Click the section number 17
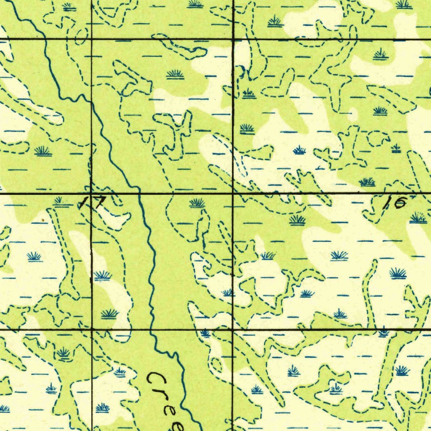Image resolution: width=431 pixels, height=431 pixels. (x=92, y=203)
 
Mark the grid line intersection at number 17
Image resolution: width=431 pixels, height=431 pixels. (x=92, y=194)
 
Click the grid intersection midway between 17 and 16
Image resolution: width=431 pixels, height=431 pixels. (x=233, y=194)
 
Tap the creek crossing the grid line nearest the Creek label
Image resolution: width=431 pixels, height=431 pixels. (x=154, y=330)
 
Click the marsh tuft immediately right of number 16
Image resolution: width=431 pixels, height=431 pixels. (x=418, y=218)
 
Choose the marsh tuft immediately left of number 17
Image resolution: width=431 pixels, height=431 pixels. (x=62, y=202)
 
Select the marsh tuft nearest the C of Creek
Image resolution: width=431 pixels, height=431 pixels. (x=120, y=372)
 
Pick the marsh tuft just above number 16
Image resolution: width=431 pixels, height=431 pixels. (x=367, y=182)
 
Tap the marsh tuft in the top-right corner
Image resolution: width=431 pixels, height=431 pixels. (x=404, y=5)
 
